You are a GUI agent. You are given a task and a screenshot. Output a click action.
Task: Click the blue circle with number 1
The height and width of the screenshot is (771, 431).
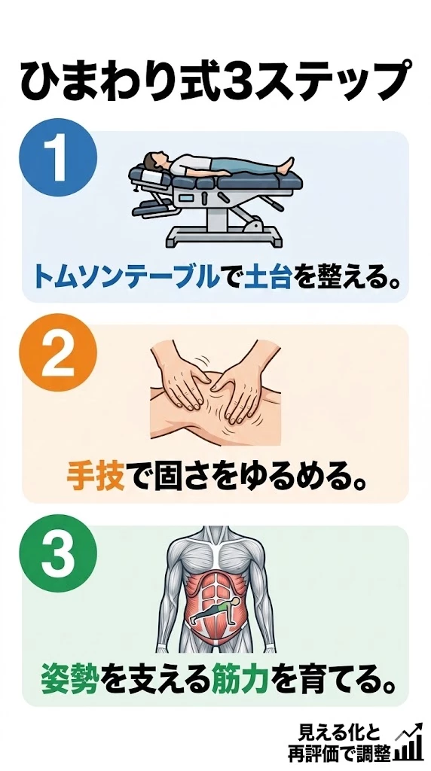click(x=58, y=157)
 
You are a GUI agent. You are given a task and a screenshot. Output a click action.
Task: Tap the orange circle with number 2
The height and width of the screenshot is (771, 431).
click(x=58, y=352)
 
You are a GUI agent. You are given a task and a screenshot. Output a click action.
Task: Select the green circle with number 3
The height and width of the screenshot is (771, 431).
click(x=58, y=553)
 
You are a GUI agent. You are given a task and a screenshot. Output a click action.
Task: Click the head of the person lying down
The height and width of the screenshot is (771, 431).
click(x=154, y=160)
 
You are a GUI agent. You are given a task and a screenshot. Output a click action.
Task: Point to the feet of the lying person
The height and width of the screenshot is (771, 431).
click(x=286, y=166)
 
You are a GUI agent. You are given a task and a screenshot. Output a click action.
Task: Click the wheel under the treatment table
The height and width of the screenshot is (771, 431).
click(x=252, y=227)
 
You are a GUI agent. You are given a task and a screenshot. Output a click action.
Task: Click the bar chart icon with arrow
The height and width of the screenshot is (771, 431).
click(x=409, y=742)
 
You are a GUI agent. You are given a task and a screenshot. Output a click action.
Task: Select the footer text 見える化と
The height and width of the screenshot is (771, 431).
click(x=340, y=733)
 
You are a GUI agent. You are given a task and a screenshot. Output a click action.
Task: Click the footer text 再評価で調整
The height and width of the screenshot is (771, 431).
click(x=340, y=752)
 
